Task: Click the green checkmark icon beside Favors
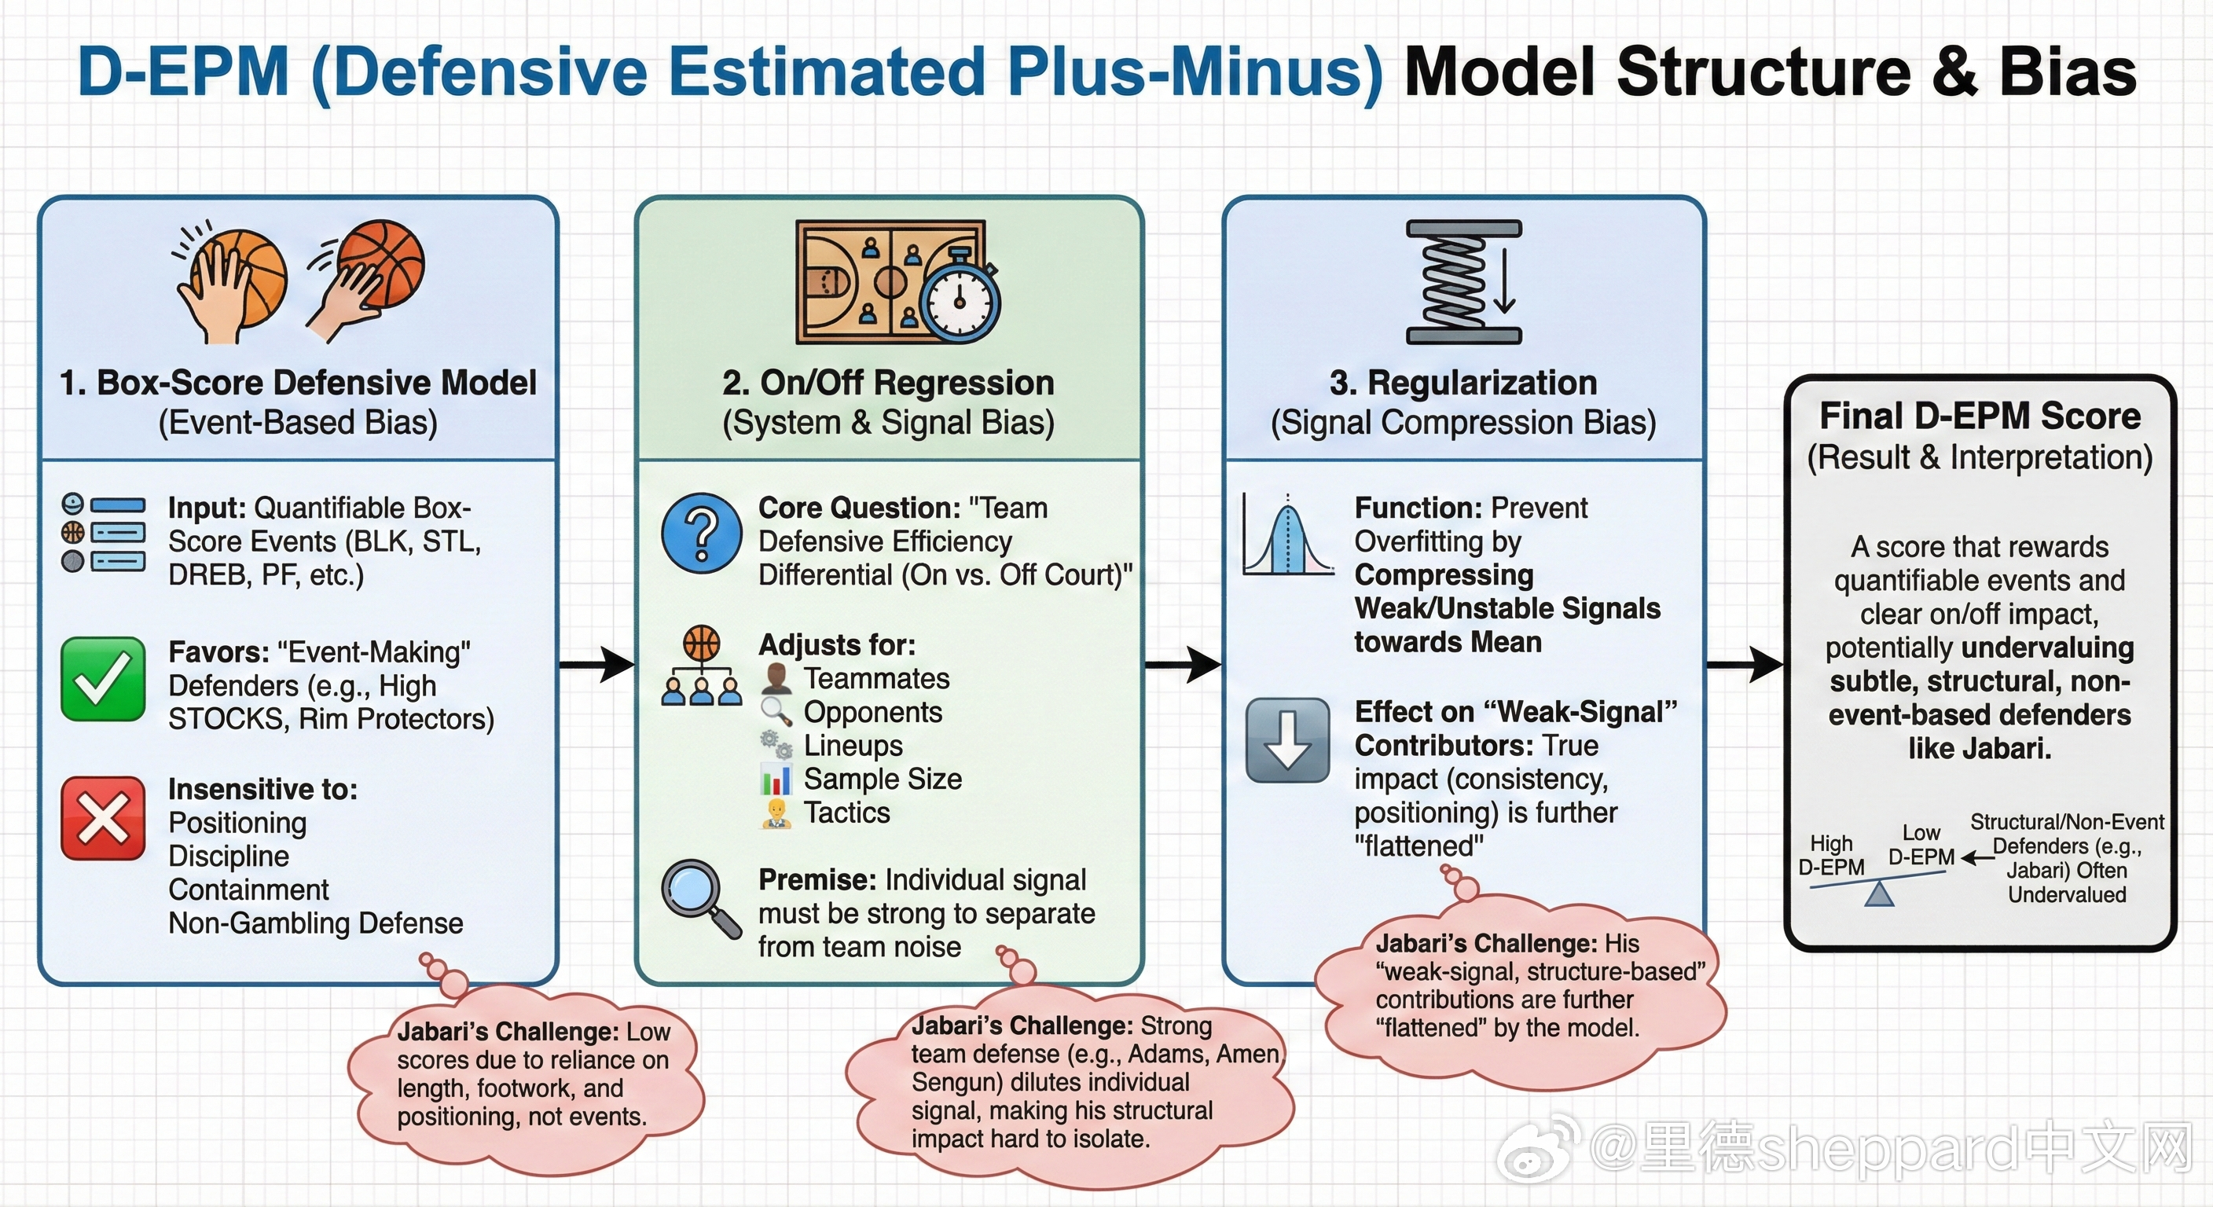point(103,679)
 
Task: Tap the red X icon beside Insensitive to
point(103,818)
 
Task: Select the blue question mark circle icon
point(702,534)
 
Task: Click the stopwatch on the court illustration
point(960,300)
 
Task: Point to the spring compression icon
point(1463,283)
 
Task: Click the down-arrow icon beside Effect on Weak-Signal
point(1287,739)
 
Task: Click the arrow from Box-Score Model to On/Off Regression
point(597,664)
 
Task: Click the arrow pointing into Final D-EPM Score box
point(1745,664)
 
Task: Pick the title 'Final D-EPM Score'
point(1980,416)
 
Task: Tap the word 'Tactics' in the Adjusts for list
point(846,813)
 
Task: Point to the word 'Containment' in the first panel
point(248,890)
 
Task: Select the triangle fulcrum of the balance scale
point(1880,895)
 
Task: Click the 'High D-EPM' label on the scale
point(1831,855)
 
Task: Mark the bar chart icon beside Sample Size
point(776,780)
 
